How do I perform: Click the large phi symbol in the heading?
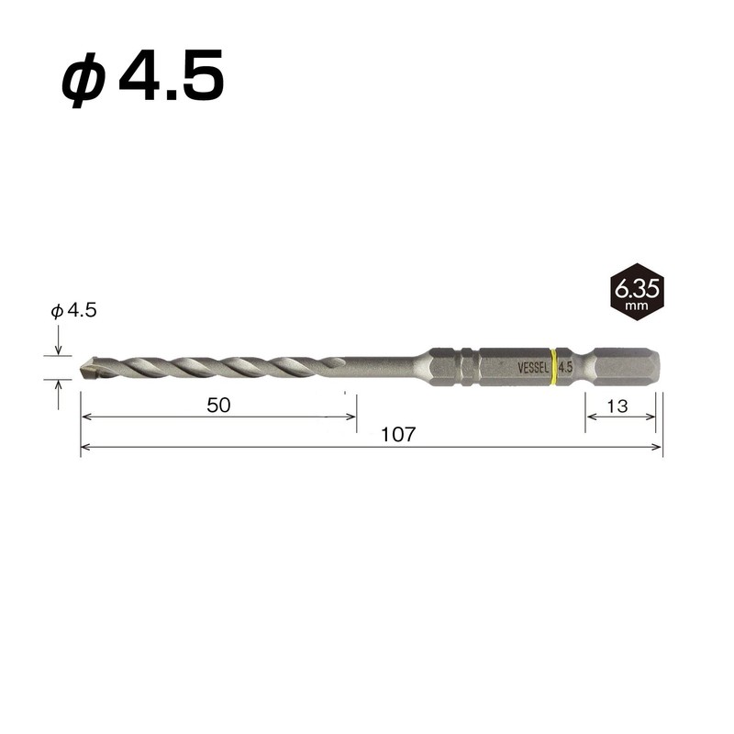tap(83, 81)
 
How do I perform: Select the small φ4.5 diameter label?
tap(73, 311)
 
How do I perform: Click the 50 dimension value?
tap(218, 406)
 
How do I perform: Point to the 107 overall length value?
tap(398, 435)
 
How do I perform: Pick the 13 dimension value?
tap(617, 406)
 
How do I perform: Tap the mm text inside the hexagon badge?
tap(636, 305)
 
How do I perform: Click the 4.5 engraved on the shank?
tap(564, 367)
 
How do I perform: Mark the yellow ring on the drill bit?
tap(552, 366)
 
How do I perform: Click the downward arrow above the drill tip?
tap(59, 349)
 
